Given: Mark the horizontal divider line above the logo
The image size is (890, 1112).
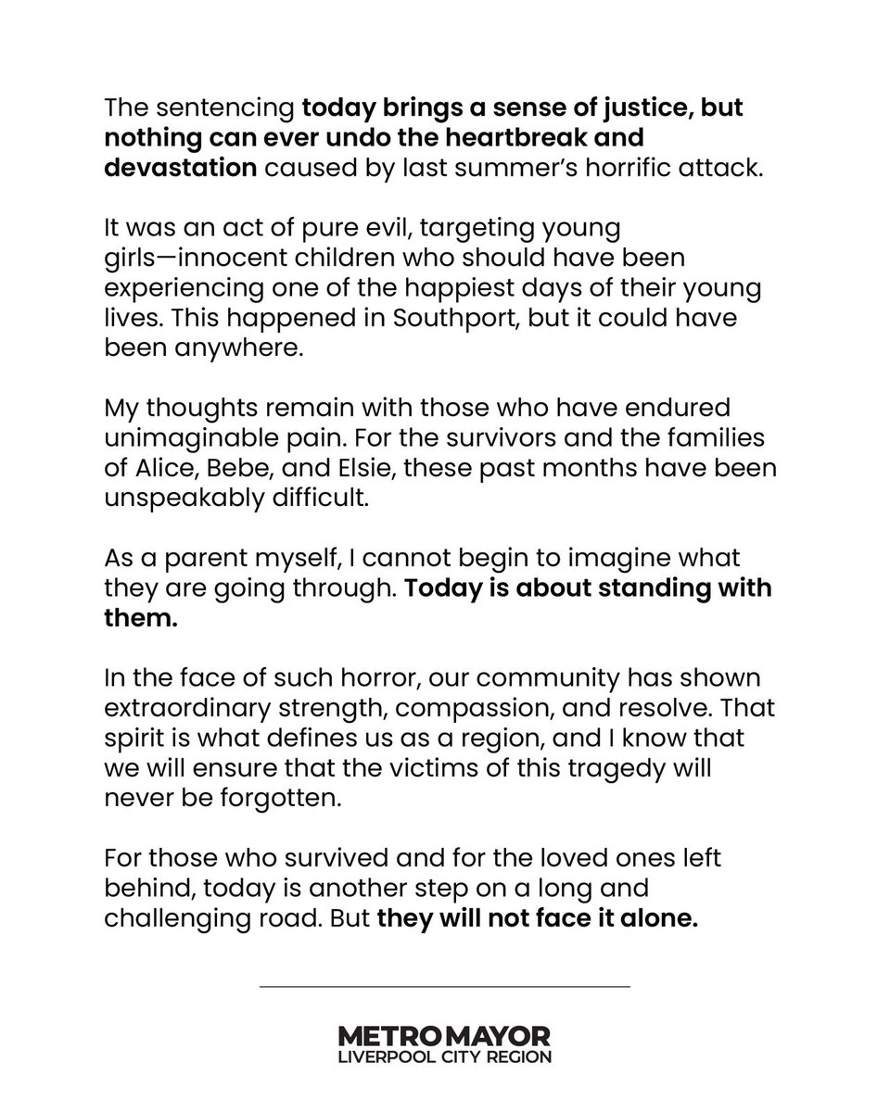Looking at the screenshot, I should [445, 986].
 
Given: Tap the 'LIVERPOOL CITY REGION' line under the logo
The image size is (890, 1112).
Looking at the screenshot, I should [445, 1057].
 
